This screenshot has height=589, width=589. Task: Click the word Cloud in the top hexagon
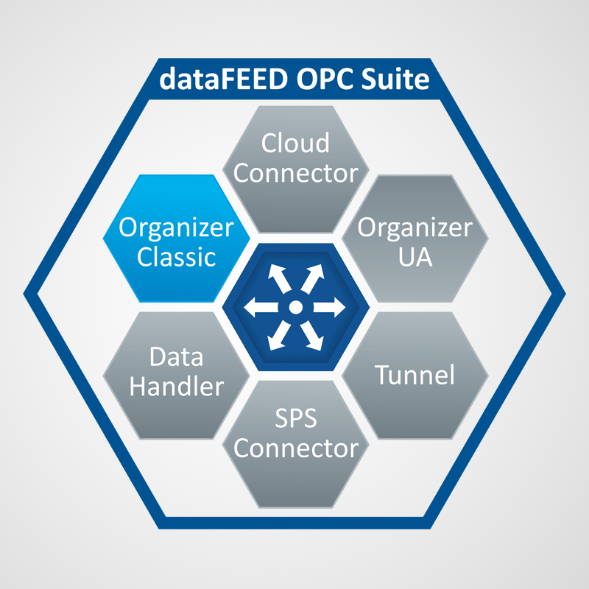[295, 142]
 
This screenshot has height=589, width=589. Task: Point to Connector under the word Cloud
[295, 174]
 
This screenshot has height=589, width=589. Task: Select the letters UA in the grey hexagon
[415, 258]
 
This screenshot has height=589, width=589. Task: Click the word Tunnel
[415, 375]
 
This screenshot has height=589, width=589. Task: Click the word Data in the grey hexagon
[176, 359]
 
